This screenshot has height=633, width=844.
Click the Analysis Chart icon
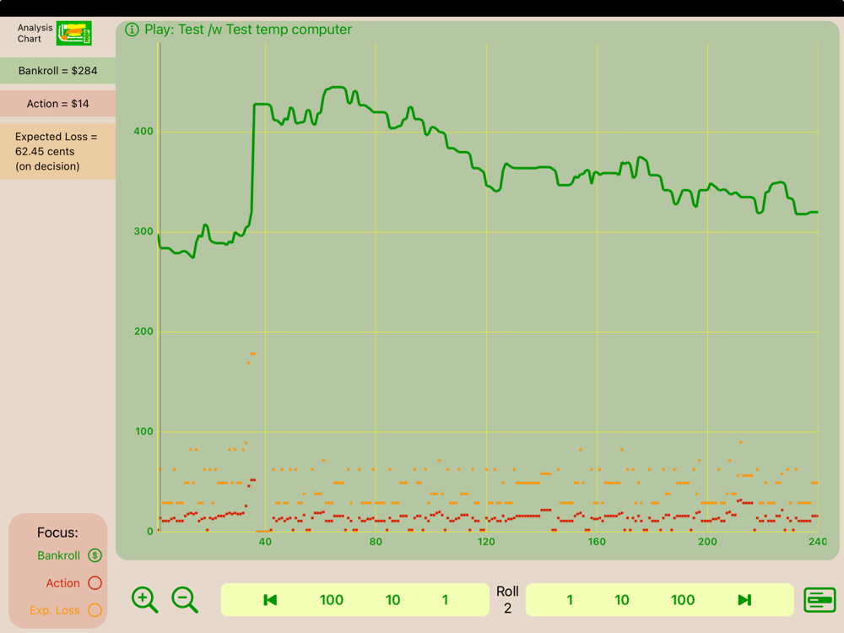73,34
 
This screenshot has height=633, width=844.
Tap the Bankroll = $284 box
57,71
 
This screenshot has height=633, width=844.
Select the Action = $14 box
57,104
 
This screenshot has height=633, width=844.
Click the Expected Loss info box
57,151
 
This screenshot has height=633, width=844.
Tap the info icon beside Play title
132,30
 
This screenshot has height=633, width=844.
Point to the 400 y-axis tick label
143,132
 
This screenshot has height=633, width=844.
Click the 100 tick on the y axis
143,432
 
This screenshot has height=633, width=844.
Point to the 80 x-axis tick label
376,542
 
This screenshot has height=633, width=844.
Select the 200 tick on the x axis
707,542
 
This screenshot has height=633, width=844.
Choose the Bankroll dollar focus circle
95,555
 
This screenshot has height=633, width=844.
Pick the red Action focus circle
95,583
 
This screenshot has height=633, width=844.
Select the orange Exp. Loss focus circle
95,610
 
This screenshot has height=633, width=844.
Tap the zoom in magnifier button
144,600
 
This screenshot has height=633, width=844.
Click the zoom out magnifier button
184,600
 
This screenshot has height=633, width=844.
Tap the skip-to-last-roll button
744,600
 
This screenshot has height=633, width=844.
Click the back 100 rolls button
331,600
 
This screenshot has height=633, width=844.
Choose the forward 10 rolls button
622,600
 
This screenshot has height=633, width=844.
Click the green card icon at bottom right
820,600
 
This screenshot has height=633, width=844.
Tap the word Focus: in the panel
57,533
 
